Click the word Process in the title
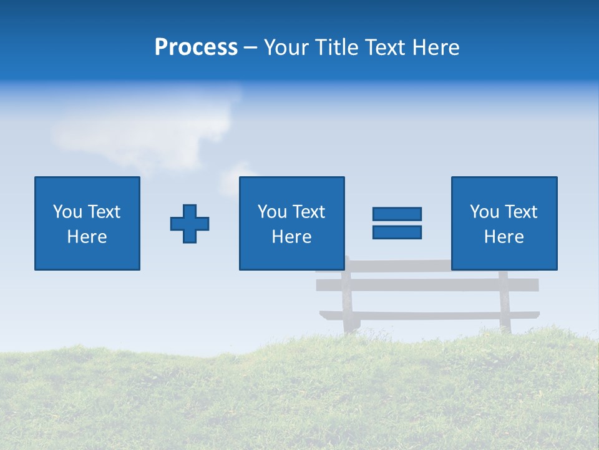[196, 47]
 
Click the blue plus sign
[190, 223]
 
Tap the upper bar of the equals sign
[397, 214]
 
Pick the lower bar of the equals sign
[397, 232]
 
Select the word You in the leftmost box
[67, 212]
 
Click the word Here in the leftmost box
[87, 237]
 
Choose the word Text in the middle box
[309, 212]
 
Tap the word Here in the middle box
[291, 237]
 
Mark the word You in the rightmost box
[484, 212]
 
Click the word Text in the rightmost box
[521, 212]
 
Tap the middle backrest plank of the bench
[399, 285]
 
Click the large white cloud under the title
[144, 128]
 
